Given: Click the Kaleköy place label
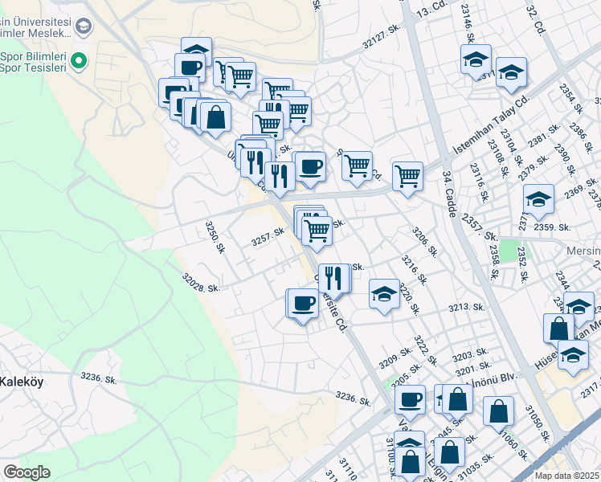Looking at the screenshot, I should [x=21, y=382].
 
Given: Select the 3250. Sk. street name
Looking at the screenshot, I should [x=213, y=238].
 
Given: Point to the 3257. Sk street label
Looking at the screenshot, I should [x=268, y=236].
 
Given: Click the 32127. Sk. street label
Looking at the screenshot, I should [x=381, y=36].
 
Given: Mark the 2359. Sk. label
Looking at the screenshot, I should [x=551, y=227].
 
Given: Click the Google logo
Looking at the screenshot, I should [x=27, y=472].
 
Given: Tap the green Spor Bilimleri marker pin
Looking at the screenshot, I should [x=78, y=60].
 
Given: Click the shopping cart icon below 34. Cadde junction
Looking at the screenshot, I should [x=408, y=176].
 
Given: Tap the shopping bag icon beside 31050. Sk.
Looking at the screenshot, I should [x=499, y=411].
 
